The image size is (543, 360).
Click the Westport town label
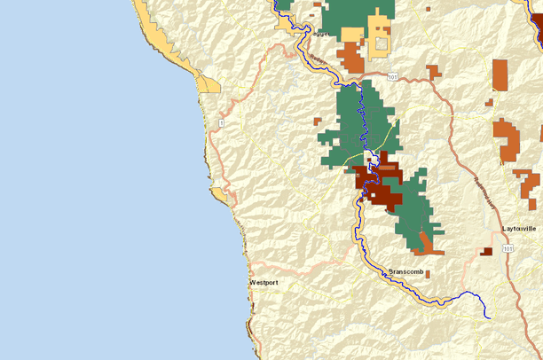pos(264,282)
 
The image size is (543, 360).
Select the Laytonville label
pos(520,229)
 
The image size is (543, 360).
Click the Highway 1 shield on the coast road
pos(222,122)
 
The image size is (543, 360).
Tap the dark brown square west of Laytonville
pos(486,252)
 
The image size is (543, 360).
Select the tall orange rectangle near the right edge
pos(500,75)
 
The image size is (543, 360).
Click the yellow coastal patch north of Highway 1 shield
pos(210,85)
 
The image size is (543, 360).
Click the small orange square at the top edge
pos(428,8)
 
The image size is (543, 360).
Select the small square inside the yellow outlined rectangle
pos(382,43)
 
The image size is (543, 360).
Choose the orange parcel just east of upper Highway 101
pos(432,71)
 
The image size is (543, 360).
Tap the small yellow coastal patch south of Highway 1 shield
pos(218,192)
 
